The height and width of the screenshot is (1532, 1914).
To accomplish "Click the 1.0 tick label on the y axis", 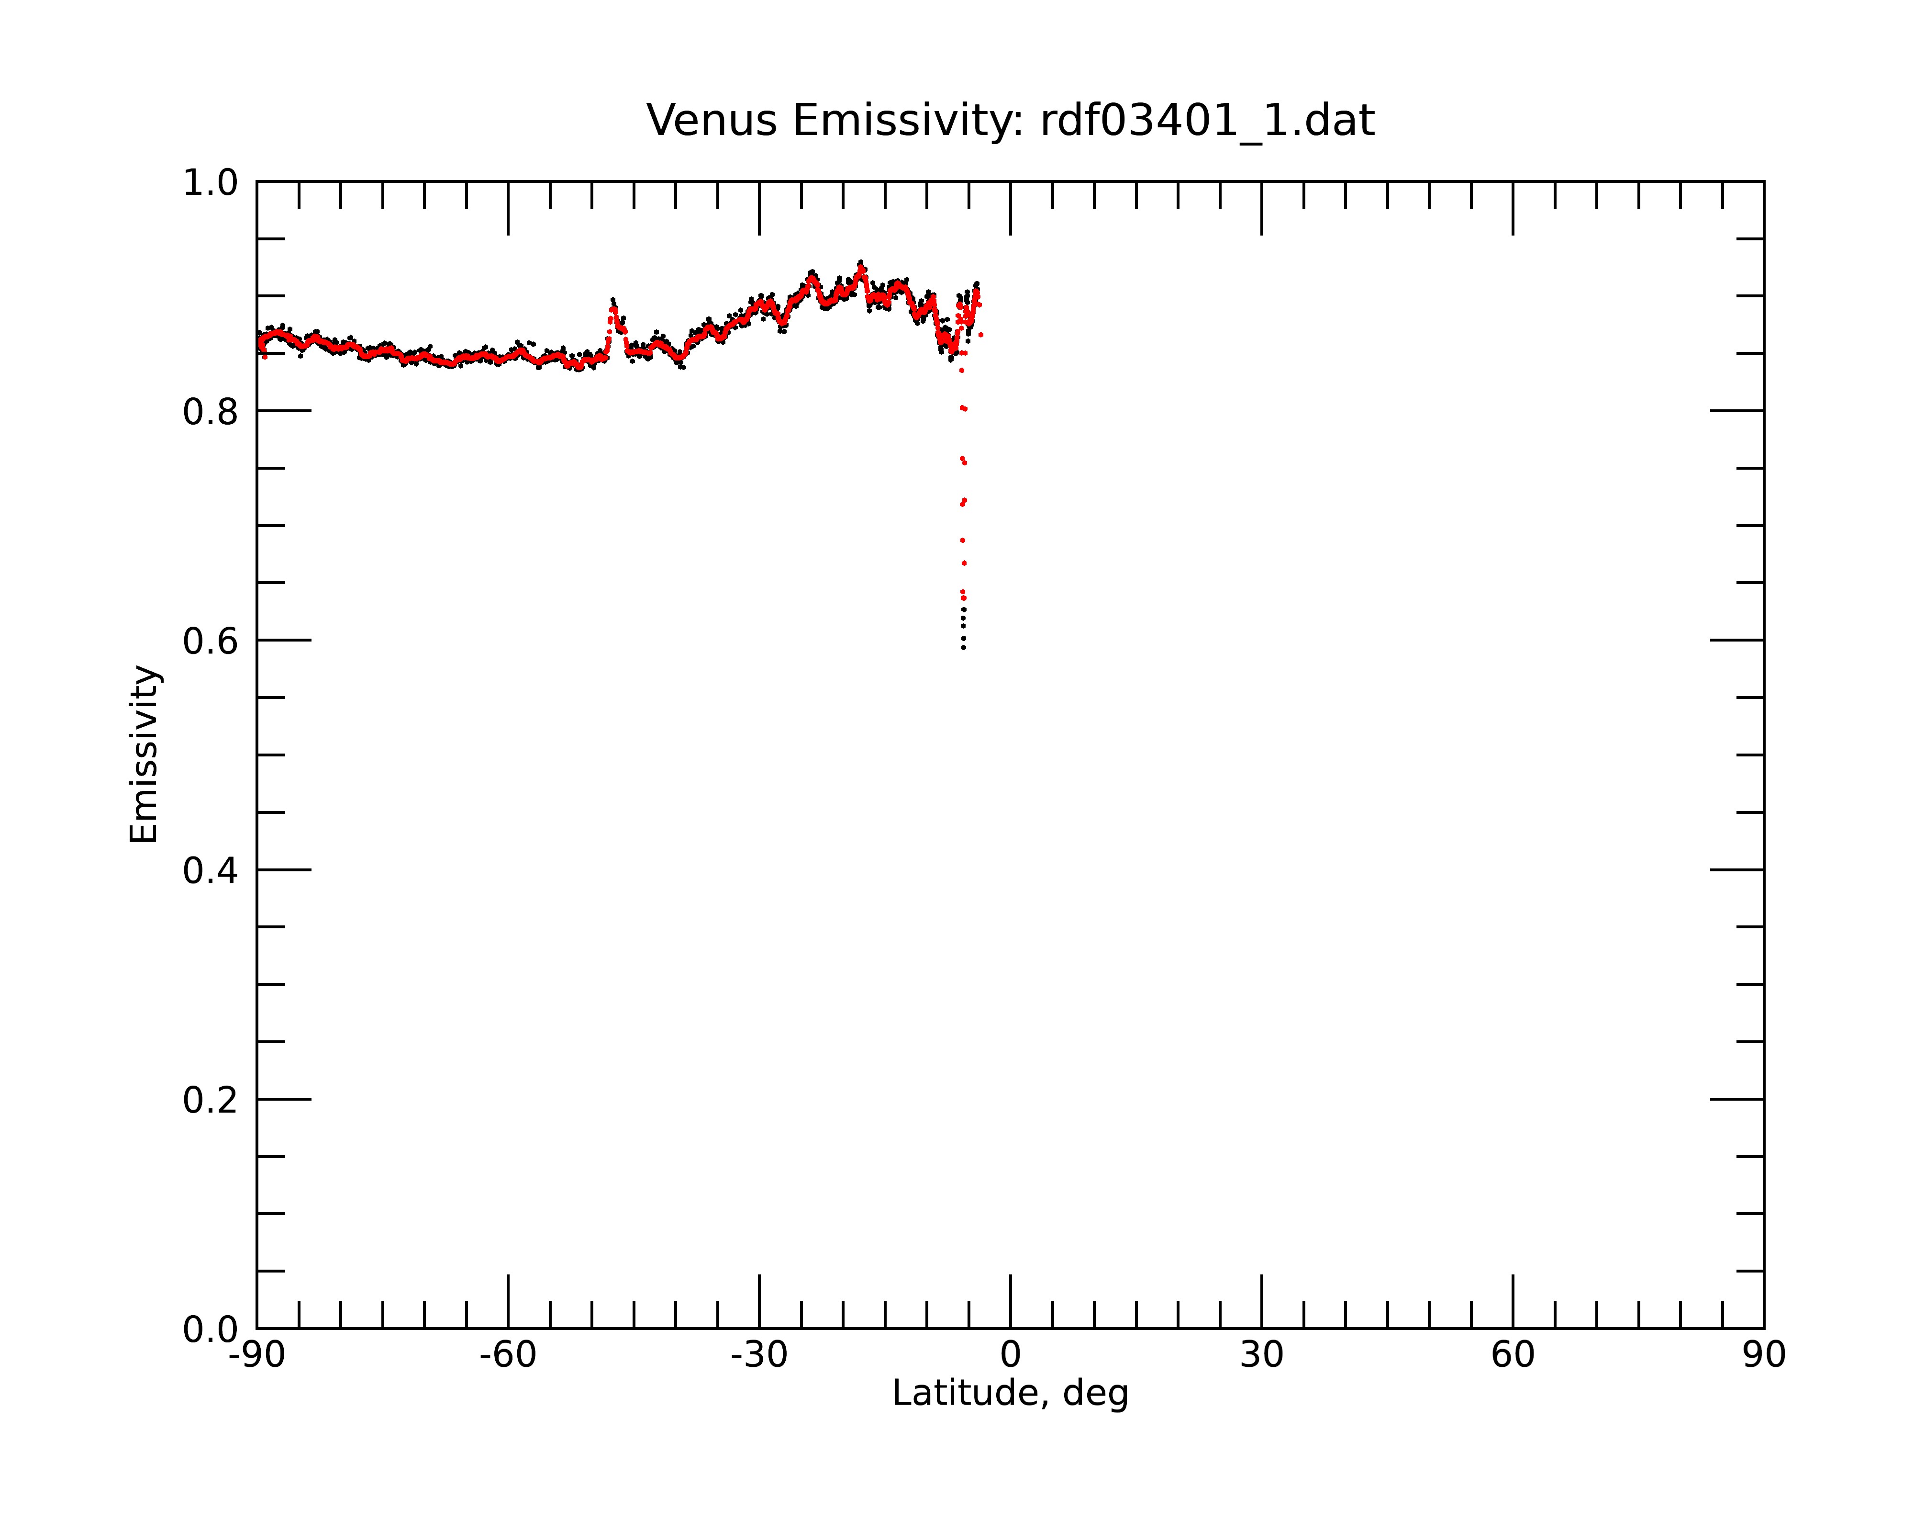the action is pyautogui.click(x=211, y=183).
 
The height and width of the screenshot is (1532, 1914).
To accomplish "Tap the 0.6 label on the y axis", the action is pyautogui.click(x=211, y=641).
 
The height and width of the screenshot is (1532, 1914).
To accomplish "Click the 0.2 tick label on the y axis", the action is pyautogui.click(x=211, y=1100).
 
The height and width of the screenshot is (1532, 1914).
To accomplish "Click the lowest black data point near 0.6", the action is pyautogui.click(x=963, y=647).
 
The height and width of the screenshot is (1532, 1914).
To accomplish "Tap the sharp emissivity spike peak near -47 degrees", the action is pyautogui.click(x=612, y=300).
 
